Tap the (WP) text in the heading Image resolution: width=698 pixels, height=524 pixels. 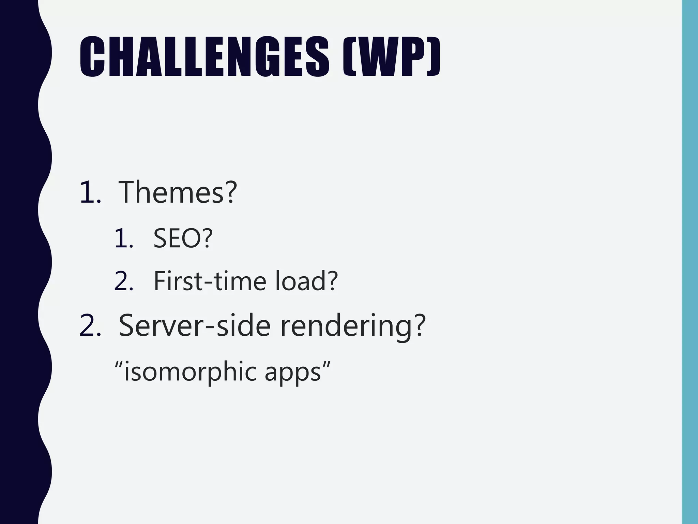click(x=391, y=57)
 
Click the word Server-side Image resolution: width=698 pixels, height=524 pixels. click(x=194, y=325)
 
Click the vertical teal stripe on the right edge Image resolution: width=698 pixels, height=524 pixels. click(x=689, y=262)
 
